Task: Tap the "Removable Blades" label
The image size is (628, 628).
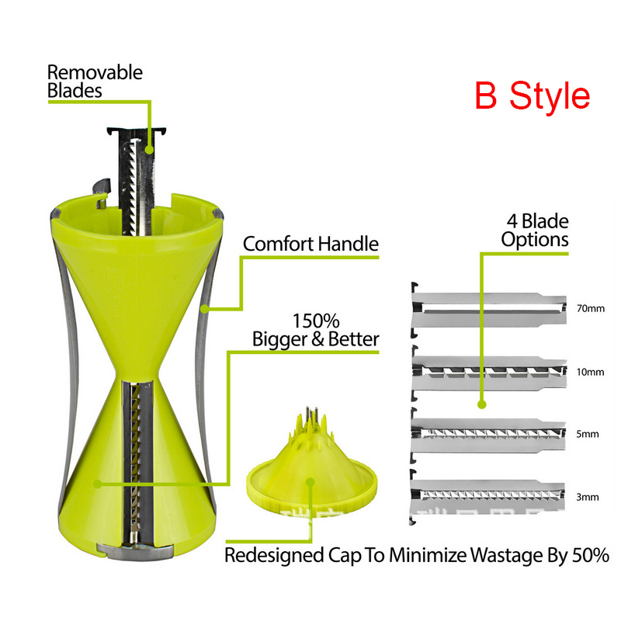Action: [x=95, y=81]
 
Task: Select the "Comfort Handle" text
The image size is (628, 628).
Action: [x=311, y=244]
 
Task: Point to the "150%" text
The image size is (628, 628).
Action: [x=315, y=321]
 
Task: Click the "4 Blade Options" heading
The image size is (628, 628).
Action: [x=534, y=229]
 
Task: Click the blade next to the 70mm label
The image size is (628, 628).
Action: [x=487, y=309]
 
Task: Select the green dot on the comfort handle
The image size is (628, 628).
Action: [x=203, y=309]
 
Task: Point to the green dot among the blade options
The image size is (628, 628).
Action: [x=481, y=404]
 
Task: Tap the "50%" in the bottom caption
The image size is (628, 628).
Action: [x=588, y=556]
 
